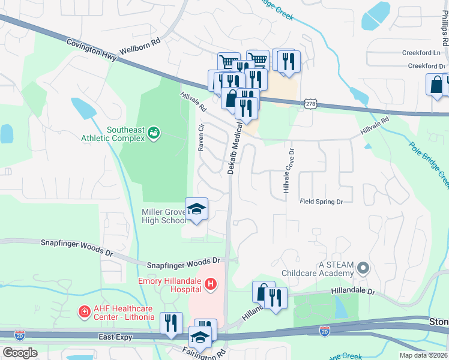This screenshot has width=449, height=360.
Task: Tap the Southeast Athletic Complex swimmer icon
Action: [154, 131]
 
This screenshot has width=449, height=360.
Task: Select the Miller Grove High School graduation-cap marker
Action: [196, 209]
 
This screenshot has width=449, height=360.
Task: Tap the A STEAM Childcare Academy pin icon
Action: [363, 268]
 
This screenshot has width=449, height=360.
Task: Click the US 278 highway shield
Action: [310, 104]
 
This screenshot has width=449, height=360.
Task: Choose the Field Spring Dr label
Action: [321, 202]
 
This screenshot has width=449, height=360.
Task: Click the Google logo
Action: [20, 352]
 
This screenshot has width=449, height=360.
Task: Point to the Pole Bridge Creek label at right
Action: [430, 161]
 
